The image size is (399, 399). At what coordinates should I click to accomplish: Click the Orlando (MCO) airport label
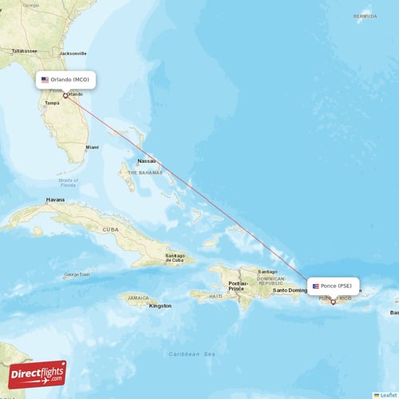(x=67, y=80)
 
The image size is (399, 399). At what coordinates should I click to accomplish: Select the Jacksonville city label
(x=73, y=53)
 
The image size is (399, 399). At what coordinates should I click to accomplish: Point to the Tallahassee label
(x=25, y=50)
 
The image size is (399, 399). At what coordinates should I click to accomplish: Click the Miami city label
(x=93, y=147)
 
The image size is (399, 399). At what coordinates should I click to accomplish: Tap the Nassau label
(x=146, y=160)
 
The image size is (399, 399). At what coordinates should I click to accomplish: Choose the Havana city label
(x=55, y=199)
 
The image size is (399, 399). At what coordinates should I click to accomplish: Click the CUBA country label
(x=110, y=229)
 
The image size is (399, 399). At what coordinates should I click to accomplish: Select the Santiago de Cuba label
(x=180, y=259)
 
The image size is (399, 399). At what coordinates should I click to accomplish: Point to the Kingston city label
(x=160, y=305)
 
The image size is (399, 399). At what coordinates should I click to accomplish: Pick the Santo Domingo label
(x=290, y=290)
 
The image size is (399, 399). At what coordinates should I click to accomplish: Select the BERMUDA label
(x=365, y=16)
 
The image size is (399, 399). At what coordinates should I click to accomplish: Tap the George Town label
(x=77, y=275)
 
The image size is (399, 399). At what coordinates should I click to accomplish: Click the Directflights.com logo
(x=38, y=374)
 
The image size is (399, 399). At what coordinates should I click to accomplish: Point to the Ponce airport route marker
(x=333, y=302)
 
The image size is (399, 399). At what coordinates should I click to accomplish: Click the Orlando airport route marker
(x=65, y=96)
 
